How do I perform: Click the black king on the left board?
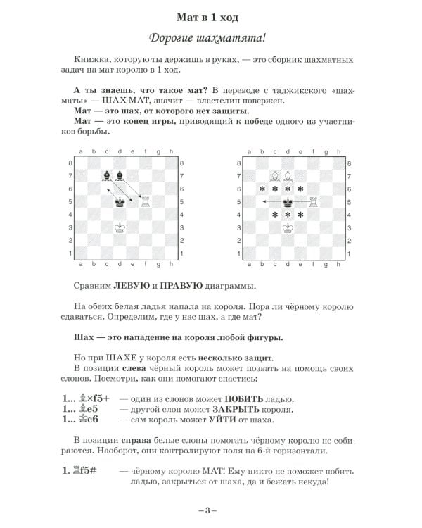(x=120, y=202)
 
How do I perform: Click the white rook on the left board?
(x=146, y=202)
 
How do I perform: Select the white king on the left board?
(x=120, y=227)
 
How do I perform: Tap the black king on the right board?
(x=288, y=202)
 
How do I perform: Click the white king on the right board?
(x=288, y=227)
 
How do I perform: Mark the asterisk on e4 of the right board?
(x=301, y=215)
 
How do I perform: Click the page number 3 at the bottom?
(x=210, y=510)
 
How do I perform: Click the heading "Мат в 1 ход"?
(x=211, y=16)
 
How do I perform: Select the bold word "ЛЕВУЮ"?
(x=130, y=287)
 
